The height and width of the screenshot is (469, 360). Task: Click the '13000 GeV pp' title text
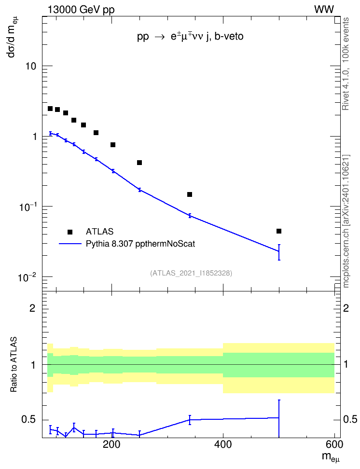click(x=81, y=10)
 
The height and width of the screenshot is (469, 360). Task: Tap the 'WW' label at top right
click(x=324, y=10)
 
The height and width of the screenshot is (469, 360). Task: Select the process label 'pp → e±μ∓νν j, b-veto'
click(x=190, y=37)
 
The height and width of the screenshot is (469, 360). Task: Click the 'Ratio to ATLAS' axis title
click(x=14, y=365)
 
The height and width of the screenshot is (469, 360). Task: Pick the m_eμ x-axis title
click(x=331, y=457)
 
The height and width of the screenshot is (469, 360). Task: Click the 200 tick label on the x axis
click(x=111, y=444)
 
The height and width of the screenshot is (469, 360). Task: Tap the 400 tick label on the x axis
click(x=223, y=444)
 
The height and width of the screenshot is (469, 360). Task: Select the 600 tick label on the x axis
click(x=334, y=444)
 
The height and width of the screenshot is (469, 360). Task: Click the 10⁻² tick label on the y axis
click(x=27, y=277)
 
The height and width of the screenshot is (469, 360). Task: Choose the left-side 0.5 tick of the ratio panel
click(x=29, y=419)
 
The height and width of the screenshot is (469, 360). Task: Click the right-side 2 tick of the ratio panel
click(x=346, y=308)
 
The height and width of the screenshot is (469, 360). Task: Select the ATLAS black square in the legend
click(x=70, y=232)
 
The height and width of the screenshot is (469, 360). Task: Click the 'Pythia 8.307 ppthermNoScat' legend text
click(x=140, y=244)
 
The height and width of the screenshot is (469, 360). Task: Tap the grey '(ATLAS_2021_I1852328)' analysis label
click(x=191, y=273)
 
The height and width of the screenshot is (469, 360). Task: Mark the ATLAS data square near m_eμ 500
click(x=279, y=231)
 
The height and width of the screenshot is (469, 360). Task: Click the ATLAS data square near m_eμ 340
click(x=190, y=194)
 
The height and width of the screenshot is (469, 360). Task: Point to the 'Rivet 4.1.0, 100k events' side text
click(x=346, y=64)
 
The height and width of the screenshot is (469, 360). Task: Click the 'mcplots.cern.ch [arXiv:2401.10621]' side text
click(x=346, y=221)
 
